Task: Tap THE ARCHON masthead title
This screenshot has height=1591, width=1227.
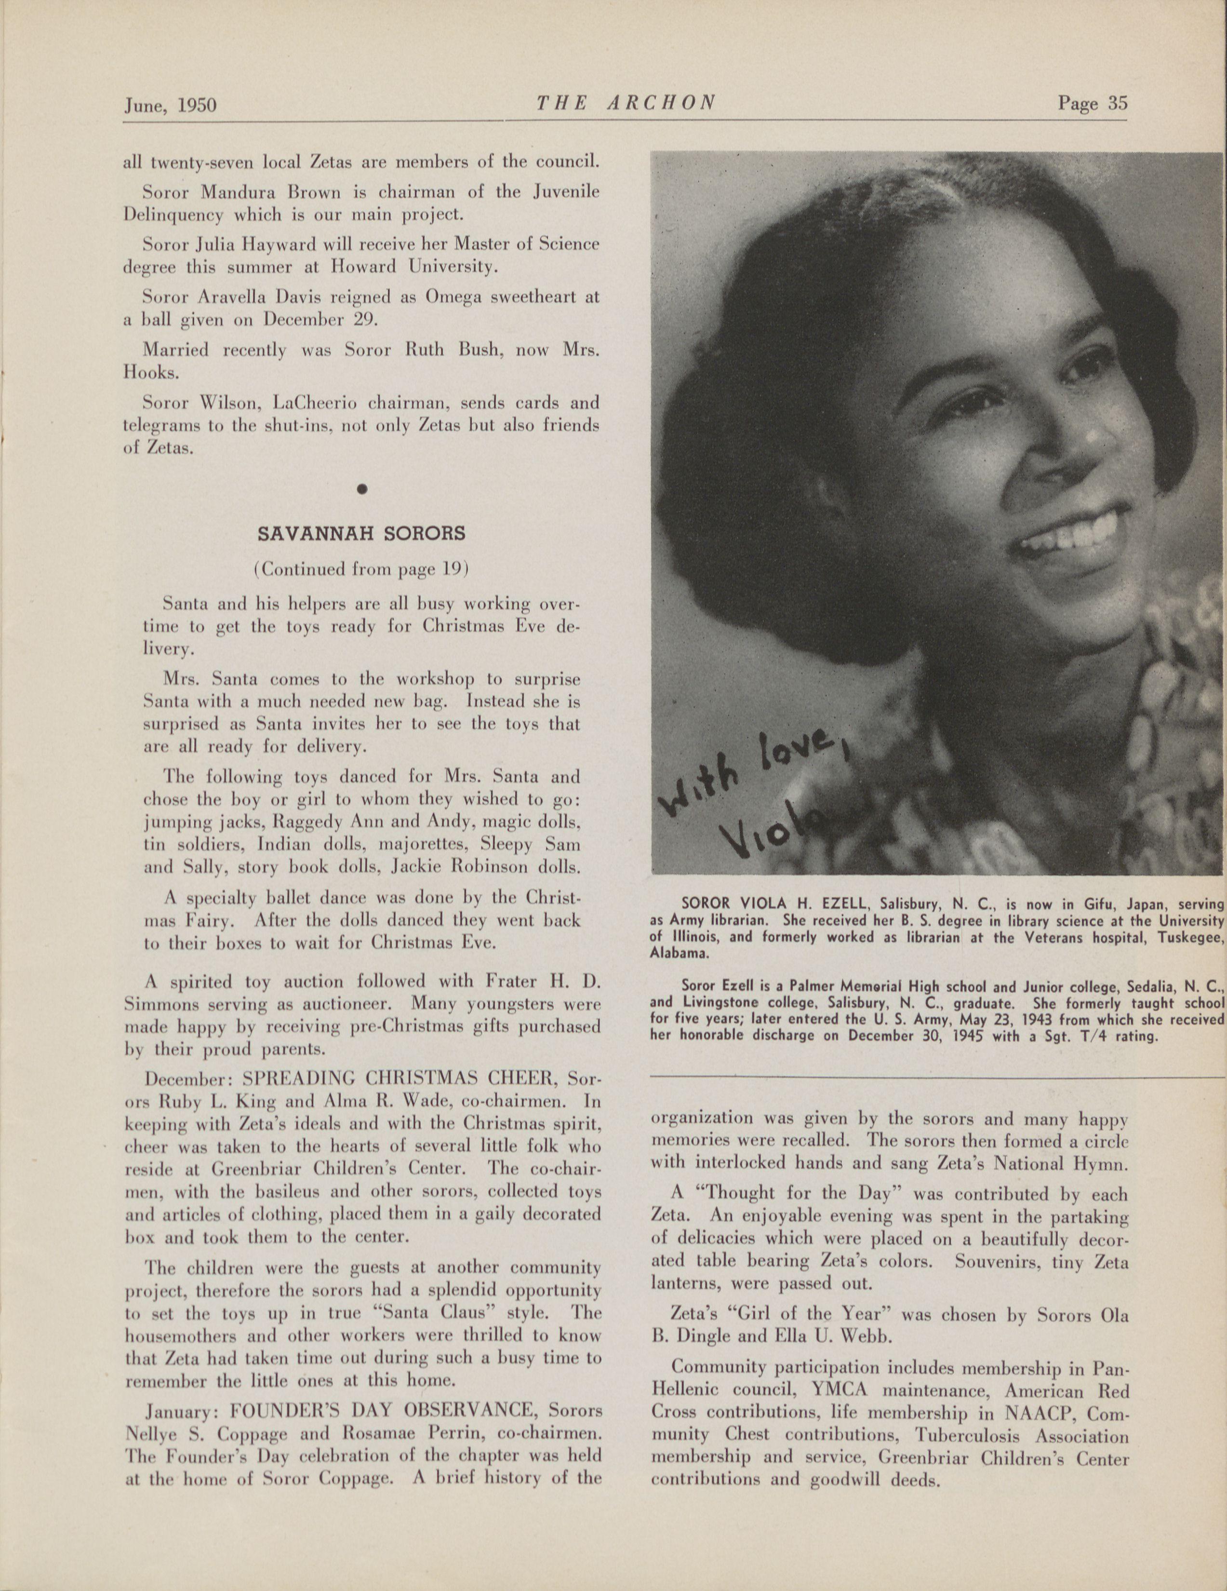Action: click(x=625, y=104)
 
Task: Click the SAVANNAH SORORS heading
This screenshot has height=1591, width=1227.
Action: click(x=361, y=533)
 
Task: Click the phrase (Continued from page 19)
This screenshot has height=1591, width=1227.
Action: click(x=360, y=570)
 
